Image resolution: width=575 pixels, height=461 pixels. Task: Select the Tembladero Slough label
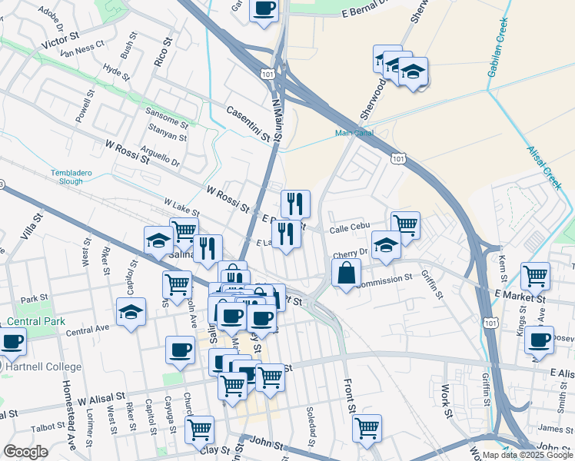[x=71, y=176]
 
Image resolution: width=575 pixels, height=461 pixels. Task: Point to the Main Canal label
[x=353, y=133]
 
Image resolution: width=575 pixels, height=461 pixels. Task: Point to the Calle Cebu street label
[x=351, y=228]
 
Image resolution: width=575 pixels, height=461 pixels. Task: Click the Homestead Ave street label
[x=70, y=415]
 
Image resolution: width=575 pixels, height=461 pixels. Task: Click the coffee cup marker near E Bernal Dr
[x=264, y=8]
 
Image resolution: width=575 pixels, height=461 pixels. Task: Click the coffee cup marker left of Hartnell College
[x=11, y=341]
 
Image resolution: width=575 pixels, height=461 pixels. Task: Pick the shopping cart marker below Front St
[x=367, y=427]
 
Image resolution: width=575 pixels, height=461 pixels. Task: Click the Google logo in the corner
[x=25, y=452]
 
